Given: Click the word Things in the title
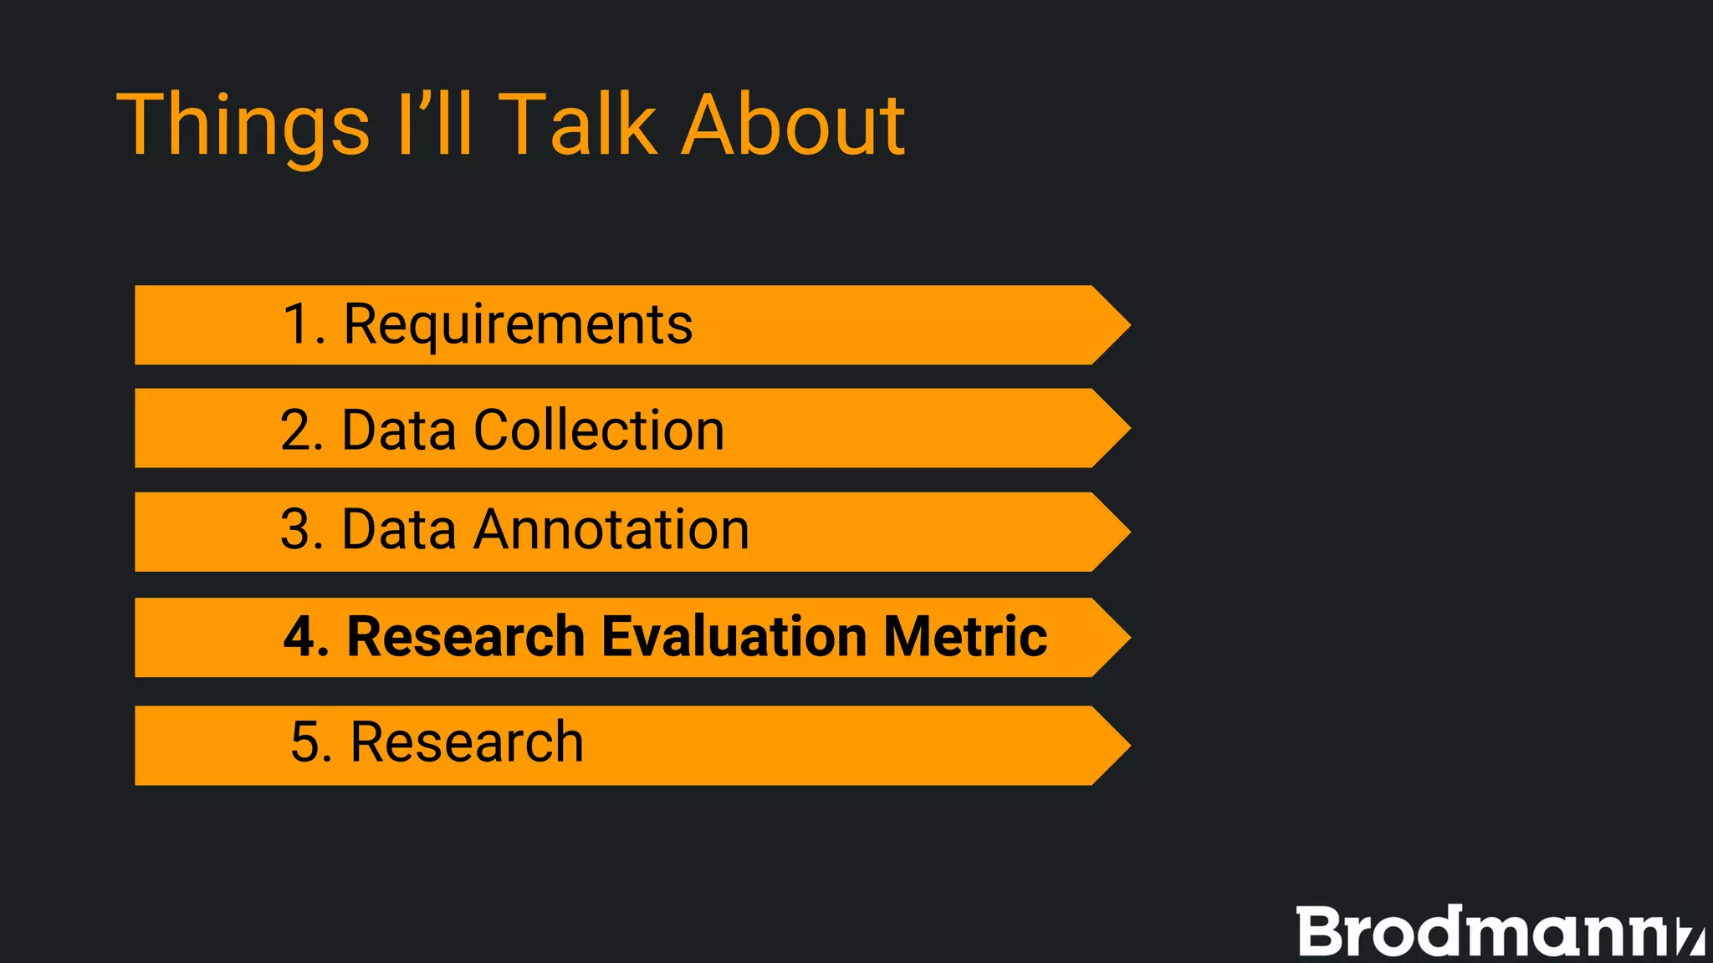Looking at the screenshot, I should tap(243, 125).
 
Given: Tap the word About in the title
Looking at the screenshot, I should tap(793, 125).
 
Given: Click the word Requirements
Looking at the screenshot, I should tap(518, 324).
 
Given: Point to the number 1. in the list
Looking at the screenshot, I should tap(303, 324).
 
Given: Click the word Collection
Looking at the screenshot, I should tap(599, 430).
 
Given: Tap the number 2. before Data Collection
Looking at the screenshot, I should tap(301, 430).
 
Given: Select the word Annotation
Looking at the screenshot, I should tap(611, 530).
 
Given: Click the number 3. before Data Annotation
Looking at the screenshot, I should tap(301, 530).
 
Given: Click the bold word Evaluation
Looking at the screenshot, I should tap(734, 637).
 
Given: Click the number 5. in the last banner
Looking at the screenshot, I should tap(311, 742).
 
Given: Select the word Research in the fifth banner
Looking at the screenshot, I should tap(467, 742).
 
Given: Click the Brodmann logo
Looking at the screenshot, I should tap(1497, 931).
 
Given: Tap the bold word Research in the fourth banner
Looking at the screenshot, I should tap(465, 637).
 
